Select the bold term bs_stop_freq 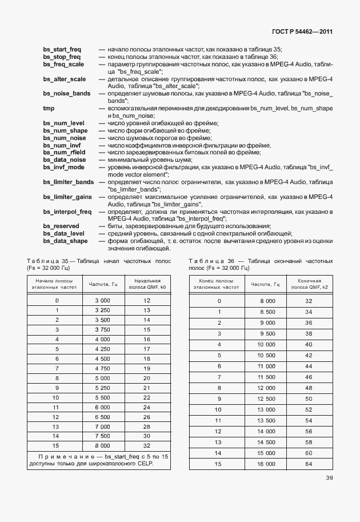(62, 57)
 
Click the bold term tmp (49, 108)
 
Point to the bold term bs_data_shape (65, 241)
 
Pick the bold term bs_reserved (61, 226)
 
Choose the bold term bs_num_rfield (65, 152)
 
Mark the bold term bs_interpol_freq (67, 212)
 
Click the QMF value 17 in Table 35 (146, 349)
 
